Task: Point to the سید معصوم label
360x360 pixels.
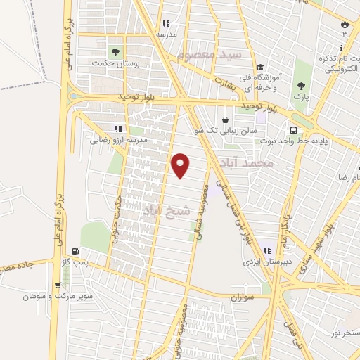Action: (x=210, y=53)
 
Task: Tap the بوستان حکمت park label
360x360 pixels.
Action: (x=115, y=63)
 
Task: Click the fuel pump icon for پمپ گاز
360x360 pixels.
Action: (x=75, y=251)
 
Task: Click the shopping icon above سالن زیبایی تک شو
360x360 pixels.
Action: (x=224, y=120)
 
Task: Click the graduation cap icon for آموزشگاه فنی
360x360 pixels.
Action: (x=259, y=65)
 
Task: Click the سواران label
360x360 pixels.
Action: (x=240, y=298)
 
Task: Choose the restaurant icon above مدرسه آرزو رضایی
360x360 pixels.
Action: (x=117, y=129)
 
